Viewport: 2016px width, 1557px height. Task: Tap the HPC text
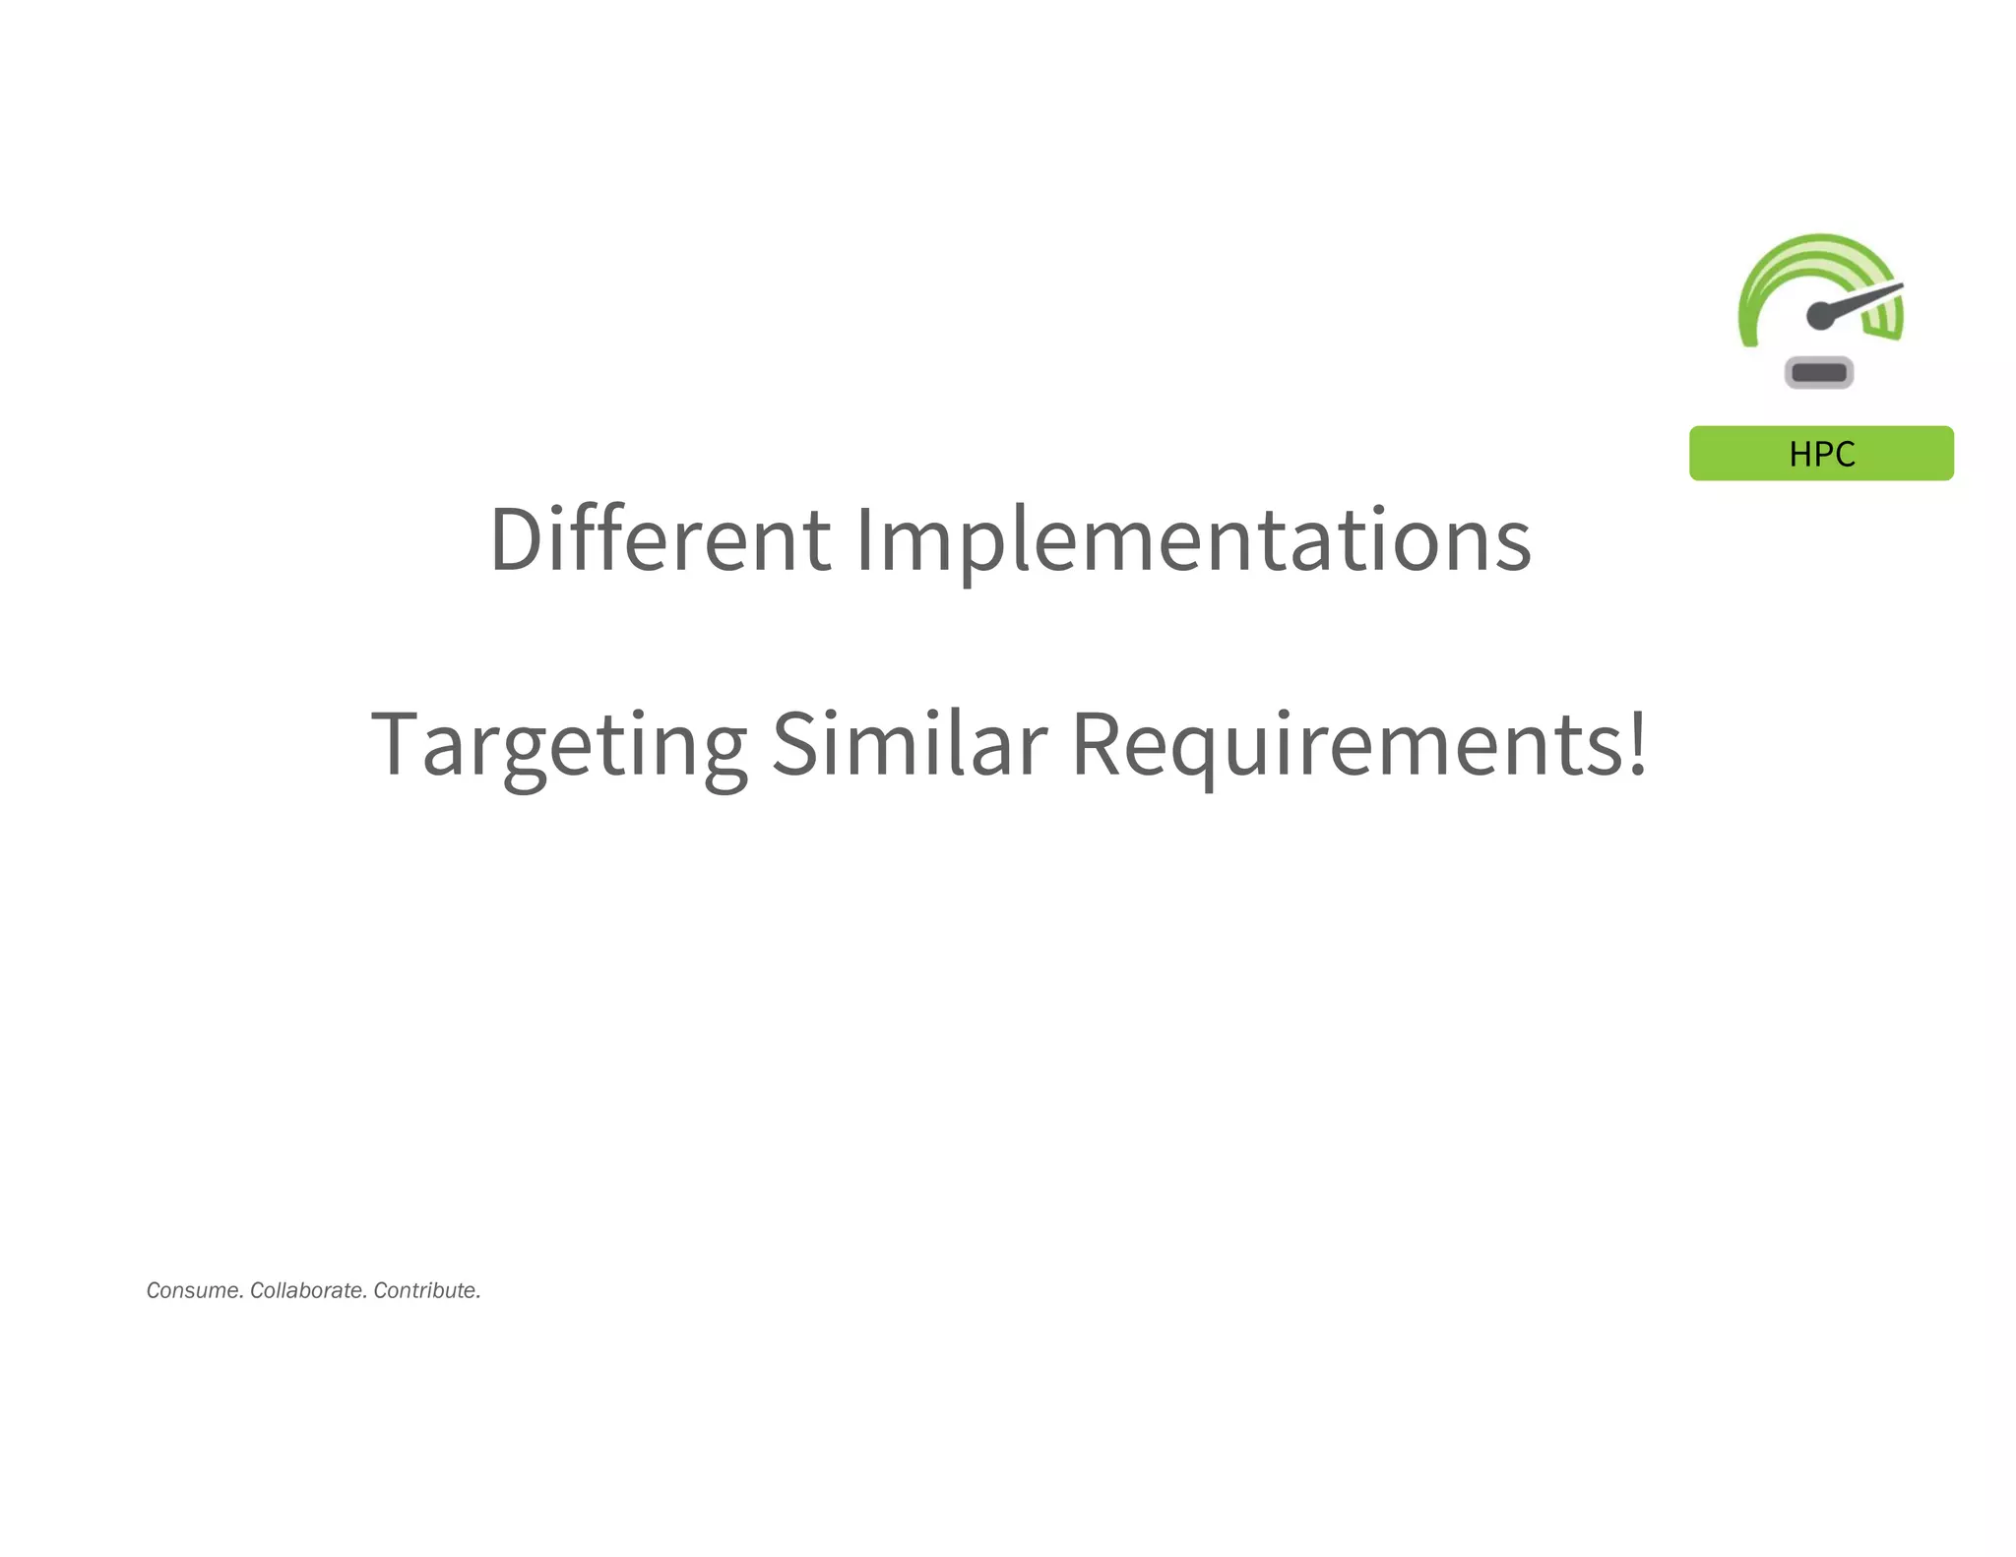click(1821, 454)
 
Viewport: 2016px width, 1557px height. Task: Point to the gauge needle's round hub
click(1820, 316)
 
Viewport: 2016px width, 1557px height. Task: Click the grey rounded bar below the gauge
click(1819, 373)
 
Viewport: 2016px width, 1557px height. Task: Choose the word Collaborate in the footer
click(308, 1290)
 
